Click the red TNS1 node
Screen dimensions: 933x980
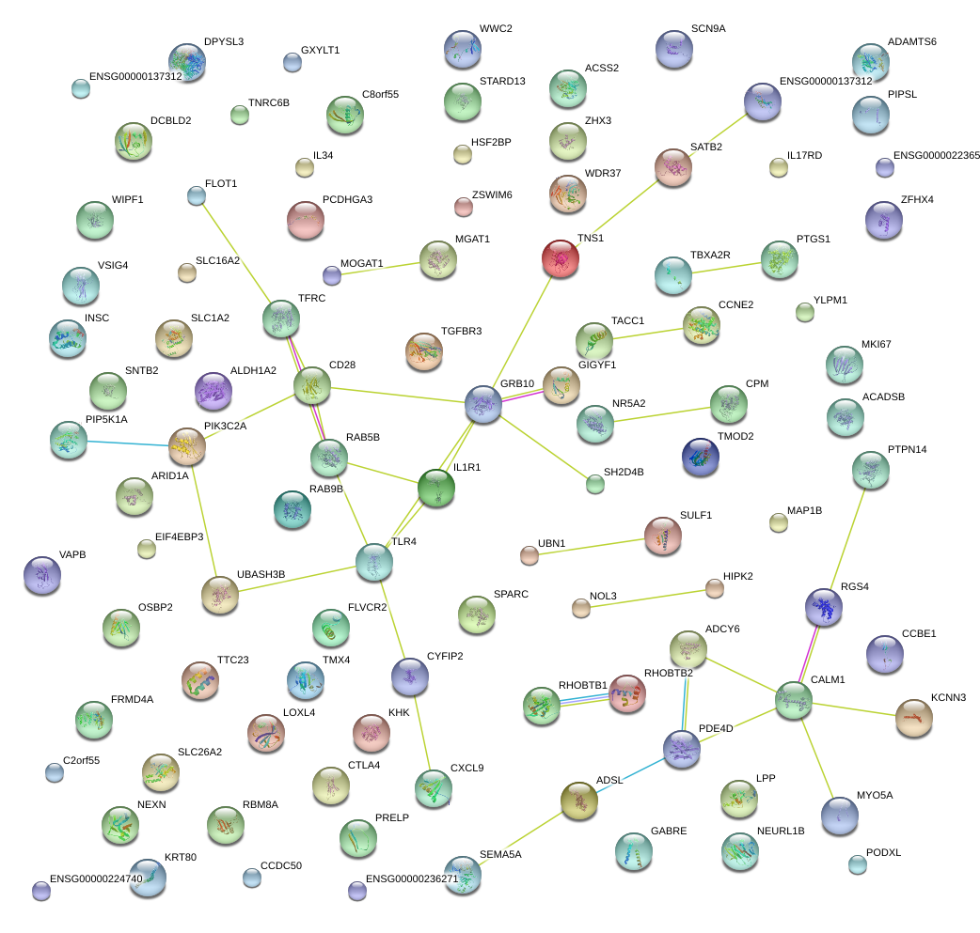[x=561, y=257]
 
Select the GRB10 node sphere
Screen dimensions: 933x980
[x=483, y=404]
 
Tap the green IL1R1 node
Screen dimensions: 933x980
[x=435, y=488]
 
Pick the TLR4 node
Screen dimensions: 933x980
[x=374, y=561]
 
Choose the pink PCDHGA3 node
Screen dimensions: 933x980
[x=305, y=220]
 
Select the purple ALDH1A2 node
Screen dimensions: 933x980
[x=213, y=391]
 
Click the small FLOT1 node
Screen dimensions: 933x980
[x=196, y=195]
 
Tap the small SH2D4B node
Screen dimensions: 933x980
[x=594, y=485]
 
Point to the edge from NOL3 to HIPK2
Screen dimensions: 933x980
[x=648, y=599]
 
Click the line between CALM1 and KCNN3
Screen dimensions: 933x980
[x=854, y=709]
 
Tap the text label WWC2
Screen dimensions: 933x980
[x=496, y=29]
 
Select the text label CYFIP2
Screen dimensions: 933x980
[x=445, y=656]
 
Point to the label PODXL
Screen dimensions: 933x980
[x=883, y=852]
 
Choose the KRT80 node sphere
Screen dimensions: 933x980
[x=149, y=878]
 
